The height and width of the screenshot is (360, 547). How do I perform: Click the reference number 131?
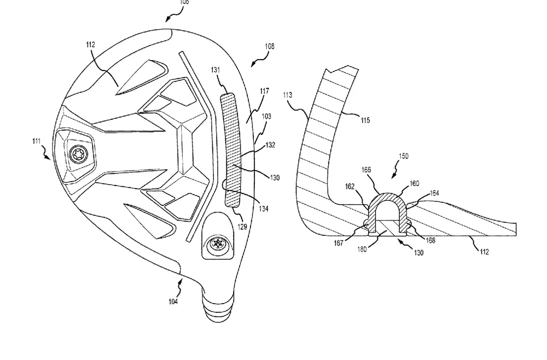[x=216, y=70]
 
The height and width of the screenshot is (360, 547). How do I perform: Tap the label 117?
[x=264, y=91]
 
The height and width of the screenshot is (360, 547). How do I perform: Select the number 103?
[x=266, y=116]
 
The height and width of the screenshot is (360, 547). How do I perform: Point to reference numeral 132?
[x=270, y=145]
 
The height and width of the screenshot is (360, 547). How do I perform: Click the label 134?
[x=264, y=208]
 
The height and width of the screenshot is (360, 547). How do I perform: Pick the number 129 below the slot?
[x=242, y=227]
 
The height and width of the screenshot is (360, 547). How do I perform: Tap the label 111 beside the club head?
[x=36, y=141]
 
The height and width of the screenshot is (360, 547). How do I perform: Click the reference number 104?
[x=173, y=301]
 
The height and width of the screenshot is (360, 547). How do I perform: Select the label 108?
[x=269, y=47]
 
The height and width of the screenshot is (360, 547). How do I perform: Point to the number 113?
[x=288, y=95]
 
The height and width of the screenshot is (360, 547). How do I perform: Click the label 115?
[x=365, y=120]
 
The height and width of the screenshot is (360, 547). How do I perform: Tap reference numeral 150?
[x=403, y=156]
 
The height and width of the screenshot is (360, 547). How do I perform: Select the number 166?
[x=366, y=170]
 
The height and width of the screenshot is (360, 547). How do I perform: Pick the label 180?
[x=362, y=249]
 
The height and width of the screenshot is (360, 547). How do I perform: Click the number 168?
[x=430, y=240]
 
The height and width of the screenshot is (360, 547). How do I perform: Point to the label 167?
[x=339, y=243]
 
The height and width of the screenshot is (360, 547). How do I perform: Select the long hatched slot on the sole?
[x=231, y=150]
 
